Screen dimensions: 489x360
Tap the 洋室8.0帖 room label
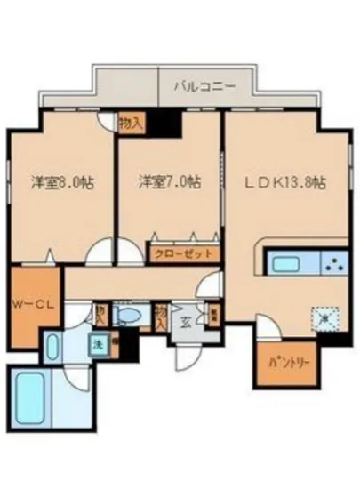[x=64, y=182]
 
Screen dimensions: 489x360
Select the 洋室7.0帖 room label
[x=168, y=182]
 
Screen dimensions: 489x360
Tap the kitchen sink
[x=286, y=264]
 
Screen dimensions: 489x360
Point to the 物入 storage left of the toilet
[x=100, y=315]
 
